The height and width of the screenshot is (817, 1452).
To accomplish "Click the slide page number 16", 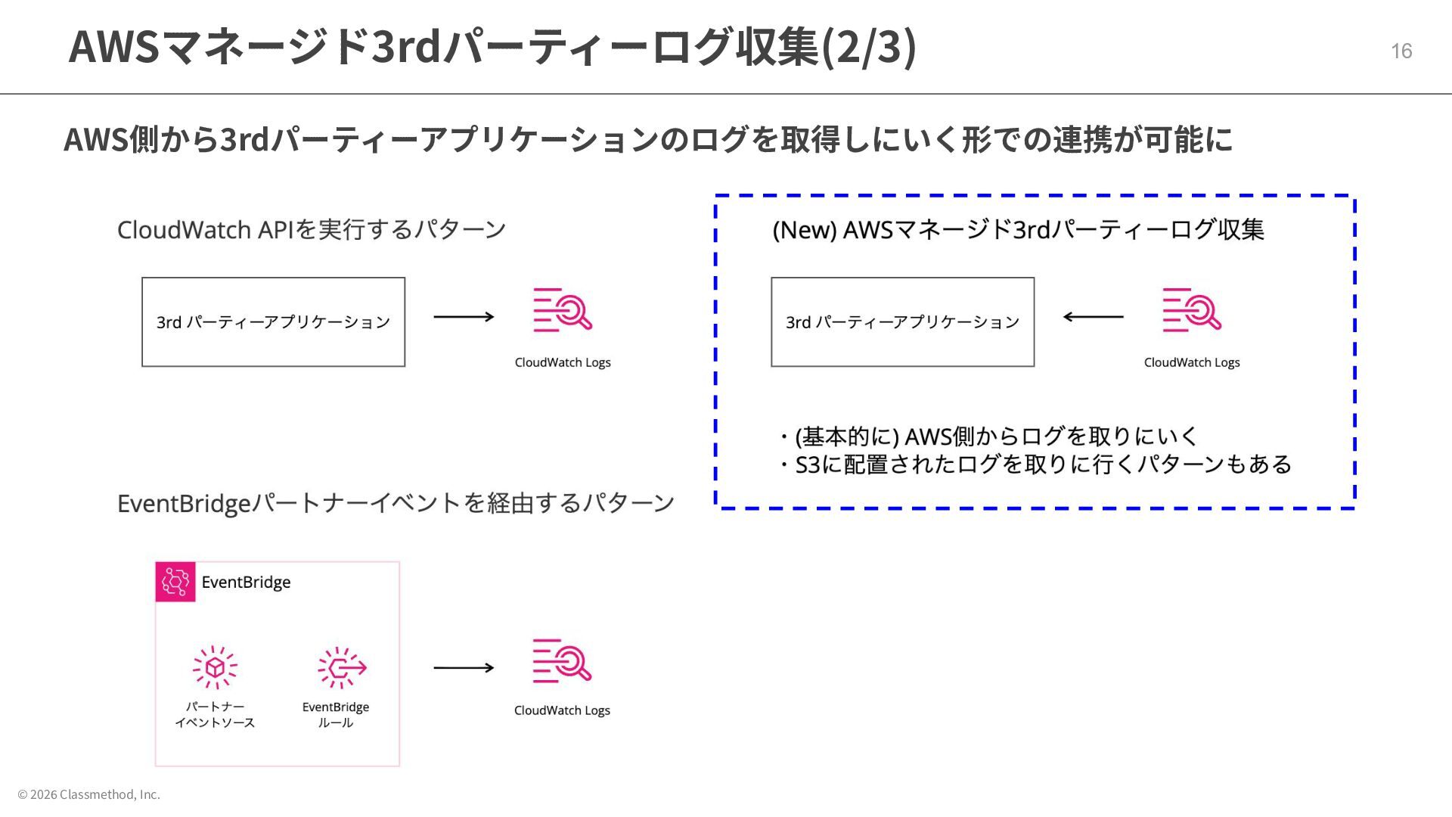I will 1401,51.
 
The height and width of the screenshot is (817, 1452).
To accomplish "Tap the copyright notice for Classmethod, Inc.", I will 89,794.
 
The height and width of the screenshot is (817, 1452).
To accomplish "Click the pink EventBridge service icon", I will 175,582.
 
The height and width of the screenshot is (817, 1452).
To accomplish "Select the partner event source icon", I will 215,667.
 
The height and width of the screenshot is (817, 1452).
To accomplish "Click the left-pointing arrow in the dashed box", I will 1093,317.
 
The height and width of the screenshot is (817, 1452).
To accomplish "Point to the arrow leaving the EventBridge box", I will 464,667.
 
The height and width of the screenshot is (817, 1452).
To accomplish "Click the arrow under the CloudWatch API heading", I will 464,317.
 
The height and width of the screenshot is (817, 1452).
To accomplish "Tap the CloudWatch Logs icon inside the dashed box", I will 1192,310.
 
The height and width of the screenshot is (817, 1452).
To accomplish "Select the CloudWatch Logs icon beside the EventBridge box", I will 562,661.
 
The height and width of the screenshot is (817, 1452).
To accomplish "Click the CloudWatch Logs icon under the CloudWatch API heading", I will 563,310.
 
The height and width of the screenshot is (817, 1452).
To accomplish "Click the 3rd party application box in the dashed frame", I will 902,322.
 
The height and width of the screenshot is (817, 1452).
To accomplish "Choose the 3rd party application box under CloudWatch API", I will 273,322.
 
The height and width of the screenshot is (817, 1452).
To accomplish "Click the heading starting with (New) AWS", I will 1018,229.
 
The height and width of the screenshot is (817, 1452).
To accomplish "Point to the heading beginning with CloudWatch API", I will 311,229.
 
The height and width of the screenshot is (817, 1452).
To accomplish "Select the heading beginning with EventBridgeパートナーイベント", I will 396,503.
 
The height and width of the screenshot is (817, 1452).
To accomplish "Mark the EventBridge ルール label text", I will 336,715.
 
